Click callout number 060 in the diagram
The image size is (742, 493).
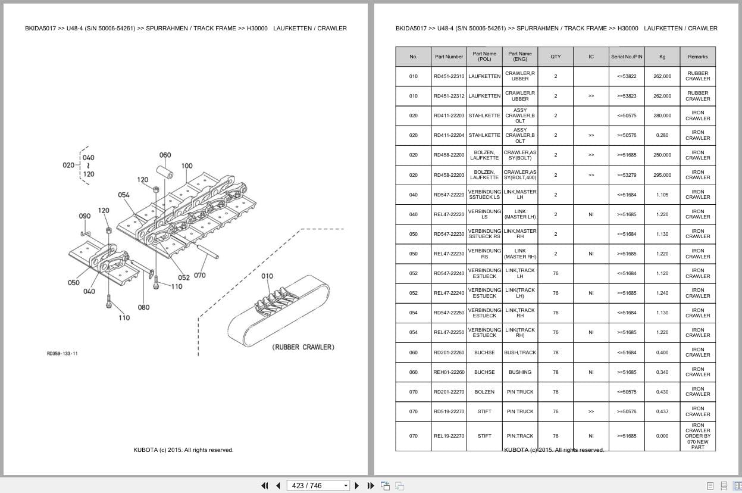point(165,155)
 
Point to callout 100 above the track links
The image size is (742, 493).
point(187,166)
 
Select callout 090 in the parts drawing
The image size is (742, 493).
point(84,216)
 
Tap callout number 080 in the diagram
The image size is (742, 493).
point(143,307)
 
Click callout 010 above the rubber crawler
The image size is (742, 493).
point(267,276)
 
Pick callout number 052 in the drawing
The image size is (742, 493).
point(184,277)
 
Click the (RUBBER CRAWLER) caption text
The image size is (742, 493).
point(303,347)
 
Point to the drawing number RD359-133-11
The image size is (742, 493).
point(62,354)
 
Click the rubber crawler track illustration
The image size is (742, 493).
point(278,313)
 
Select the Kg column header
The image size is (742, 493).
point(662,57)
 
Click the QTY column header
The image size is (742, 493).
point(555,57)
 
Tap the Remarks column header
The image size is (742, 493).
point(697,57)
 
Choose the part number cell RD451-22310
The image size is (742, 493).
point(449,76)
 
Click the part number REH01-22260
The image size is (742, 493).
point(449,372)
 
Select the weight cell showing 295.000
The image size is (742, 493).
point(662,175)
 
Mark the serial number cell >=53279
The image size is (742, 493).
point(627,175)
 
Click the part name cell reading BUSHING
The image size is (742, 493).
point(519,372)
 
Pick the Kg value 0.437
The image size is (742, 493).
point(662,411)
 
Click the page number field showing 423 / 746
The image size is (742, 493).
point(315,485)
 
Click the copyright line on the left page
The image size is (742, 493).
point(183,450)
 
